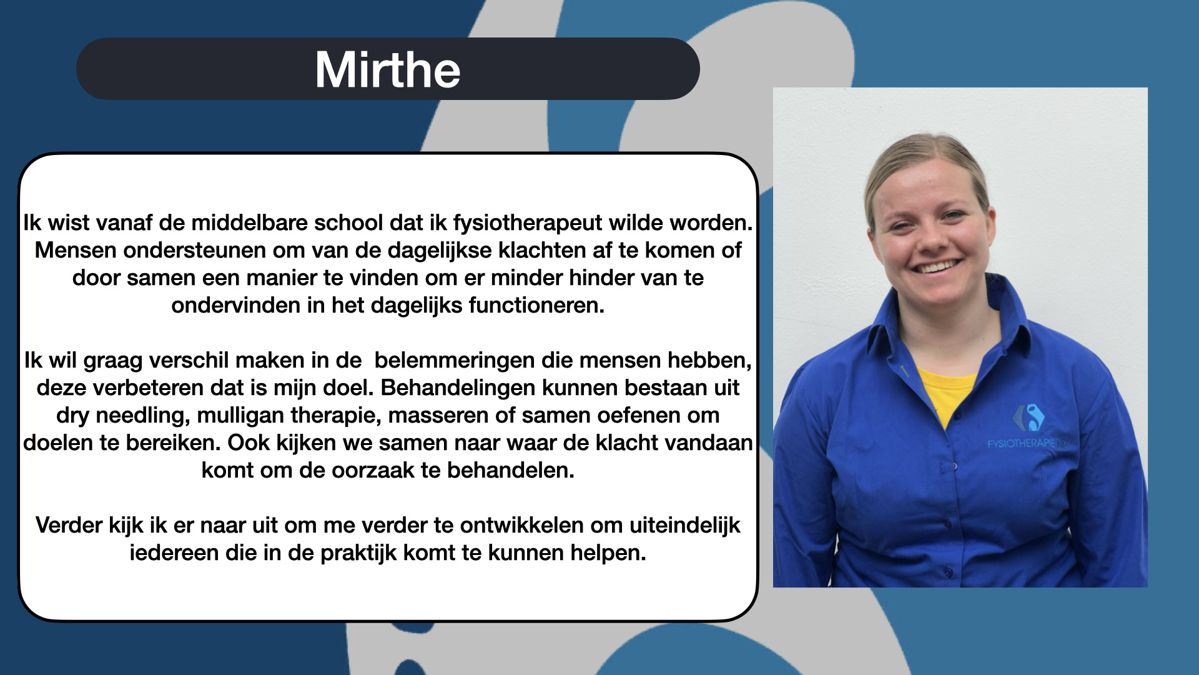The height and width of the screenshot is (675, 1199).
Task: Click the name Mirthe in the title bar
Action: pos(388,69)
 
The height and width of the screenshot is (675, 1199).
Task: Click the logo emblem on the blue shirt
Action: pos(1029,417)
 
